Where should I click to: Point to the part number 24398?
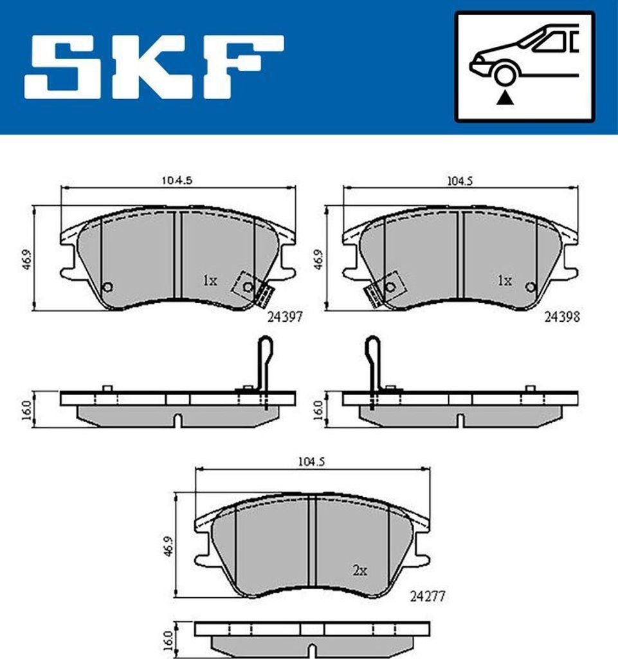pos(562,317)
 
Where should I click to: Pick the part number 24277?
pos(427,597)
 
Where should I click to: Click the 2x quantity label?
pos(359,570)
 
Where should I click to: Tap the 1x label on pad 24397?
pos(210,281)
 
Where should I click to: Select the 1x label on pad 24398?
pos(504,281)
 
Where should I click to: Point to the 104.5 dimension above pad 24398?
pos(459,181)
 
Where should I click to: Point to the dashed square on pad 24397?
pos(246,284)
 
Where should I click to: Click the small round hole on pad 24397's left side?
pos(107,286)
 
